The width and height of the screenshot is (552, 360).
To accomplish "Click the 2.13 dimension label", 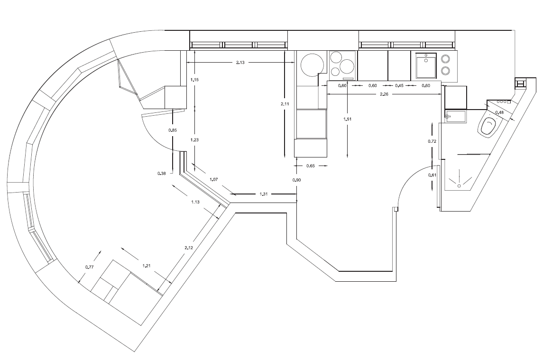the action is (240, 63).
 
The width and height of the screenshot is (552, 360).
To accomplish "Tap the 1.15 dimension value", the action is (195, 80).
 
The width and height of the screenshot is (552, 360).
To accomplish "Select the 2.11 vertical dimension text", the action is (285, 103).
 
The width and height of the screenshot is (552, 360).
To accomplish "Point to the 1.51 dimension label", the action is (348, 119).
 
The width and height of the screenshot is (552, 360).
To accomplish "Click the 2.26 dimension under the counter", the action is (384, 94).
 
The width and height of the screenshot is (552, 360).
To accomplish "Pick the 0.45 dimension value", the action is (399, 85).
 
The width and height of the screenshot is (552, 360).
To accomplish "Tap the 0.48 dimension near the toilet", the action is (499, 112).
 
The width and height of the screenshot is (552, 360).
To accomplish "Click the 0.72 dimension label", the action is (432, 141).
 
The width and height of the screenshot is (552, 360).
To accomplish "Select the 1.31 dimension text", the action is (264, 194).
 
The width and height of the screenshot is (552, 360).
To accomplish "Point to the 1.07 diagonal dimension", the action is (214, 179).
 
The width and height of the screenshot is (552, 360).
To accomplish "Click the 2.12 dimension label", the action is (189, 248).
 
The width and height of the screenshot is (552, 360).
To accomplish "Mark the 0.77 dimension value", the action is (90, 267).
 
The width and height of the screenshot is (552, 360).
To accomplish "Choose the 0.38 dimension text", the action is (162, 173).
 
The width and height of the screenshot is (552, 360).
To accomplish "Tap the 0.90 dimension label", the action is (296, 180).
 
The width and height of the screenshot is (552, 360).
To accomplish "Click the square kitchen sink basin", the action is (426, 65).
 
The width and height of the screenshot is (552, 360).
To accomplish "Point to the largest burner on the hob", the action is (347, 65).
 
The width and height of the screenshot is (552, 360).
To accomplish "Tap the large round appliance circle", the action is (312, 65).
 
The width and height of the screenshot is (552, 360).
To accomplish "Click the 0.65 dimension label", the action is (311, 166).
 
